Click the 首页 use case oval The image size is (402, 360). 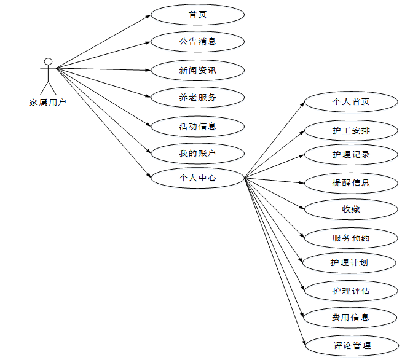[197, 14]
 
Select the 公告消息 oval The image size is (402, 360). [197, 42]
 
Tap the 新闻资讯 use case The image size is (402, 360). [197, 70]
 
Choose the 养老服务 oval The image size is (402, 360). [197, 97]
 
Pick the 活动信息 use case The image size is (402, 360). [197, 126]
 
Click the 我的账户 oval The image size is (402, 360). [197, 153]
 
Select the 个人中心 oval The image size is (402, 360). [197, 178]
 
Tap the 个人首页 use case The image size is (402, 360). [351, 101]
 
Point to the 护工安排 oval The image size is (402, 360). [351, 130]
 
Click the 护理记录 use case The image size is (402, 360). [351, 154]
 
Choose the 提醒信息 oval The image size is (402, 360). [351, 182]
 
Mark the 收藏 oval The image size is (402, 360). [351, 209]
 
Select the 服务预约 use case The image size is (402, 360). [351, 238]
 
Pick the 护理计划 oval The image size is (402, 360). [351, 262]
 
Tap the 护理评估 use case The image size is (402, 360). [351, 290]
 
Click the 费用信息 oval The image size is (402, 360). [351, 317]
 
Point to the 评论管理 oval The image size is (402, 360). [351, 345]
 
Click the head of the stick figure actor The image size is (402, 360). [48, 61]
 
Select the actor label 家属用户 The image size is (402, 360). [48, 103]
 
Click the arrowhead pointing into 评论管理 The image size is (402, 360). [303, 343]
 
